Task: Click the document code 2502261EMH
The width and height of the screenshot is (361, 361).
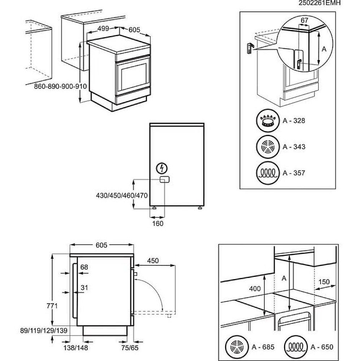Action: (319, 3)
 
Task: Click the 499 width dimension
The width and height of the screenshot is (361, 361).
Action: (103, 30)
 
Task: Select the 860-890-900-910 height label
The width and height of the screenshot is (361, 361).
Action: (61, 87)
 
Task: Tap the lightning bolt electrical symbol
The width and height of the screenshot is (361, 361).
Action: (163, 168)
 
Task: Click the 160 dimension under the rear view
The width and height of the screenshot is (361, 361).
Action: (158, 223)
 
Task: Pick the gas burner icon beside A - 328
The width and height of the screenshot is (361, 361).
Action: (268, 121)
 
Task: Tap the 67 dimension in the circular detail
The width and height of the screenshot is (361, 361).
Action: (304, 21)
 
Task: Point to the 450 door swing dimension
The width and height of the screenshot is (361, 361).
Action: (153, 261)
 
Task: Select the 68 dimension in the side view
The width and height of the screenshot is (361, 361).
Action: (84, 267)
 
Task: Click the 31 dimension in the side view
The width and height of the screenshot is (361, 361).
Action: (84, 288)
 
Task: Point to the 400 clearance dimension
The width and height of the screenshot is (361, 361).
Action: (255, 289)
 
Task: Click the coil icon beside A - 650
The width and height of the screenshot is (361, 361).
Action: (295, 347)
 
